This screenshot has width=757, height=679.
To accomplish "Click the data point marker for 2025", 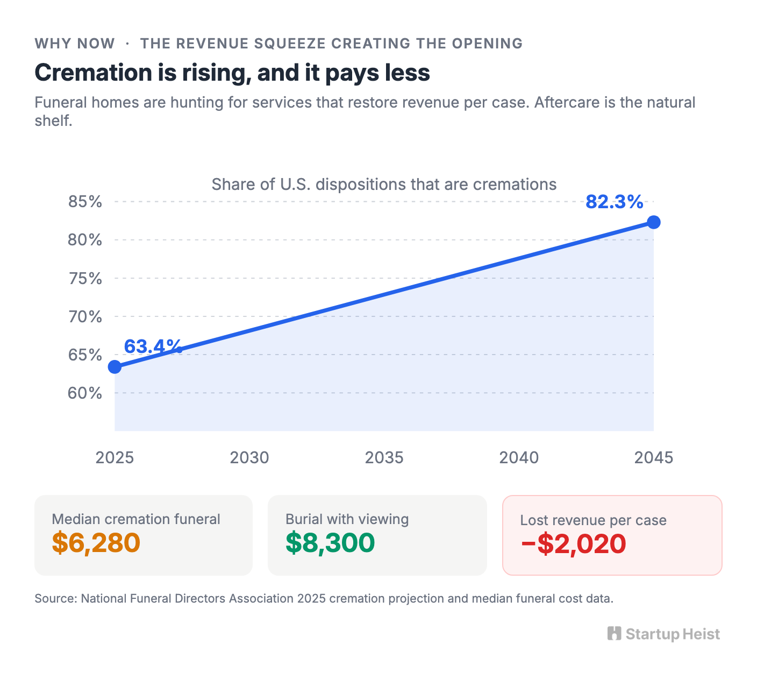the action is click(115, 367).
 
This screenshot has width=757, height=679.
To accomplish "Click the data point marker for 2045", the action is click(653, 222).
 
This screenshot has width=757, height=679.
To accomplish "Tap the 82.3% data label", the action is click(615, 202).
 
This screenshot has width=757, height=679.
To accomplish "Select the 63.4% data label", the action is click(153, 346).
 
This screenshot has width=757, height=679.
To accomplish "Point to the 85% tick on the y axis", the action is click(85, 202).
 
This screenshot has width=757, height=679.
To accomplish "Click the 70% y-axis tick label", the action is click(85, 317).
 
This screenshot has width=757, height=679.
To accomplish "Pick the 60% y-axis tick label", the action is click(85, 393).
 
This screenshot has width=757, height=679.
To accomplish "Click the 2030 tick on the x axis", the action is click(249, 458).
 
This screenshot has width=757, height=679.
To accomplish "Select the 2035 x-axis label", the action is click(384, 458).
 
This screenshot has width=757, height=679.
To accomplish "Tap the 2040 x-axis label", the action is click(519, 458).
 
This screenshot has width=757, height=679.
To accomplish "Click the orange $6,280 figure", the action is click(96, 543).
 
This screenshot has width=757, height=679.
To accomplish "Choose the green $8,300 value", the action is click(330, 543).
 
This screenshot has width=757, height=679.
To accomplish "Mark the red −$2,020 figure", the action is click(574, 544).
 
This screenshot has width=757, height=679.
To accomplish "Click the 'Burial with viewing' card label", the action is click(347, 519).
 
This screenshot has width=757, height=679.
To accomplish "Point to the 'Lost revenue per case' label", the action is click(594, 520).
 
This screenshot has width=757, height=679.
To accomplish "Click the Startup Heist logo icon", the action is click(614, 634).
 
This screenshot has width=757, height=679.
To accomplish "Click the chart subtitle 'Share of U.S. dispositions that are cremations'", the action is click(384, 185).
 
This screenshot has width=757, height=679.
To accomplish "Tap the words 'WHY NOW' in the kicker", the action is click(75, 44).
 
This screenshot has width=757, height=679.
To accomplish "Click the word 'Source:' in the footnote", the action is click(56, 599).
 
